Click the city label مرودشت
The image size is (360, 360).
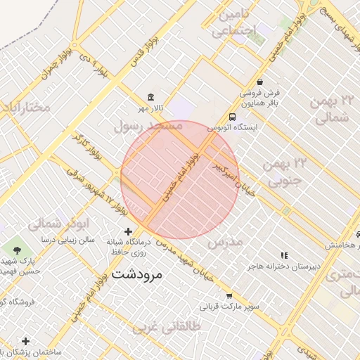coord(136,274)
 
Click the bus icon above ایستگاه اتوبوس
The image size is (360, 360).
coord(232,117)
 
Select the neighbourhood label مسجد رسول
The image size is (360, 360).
coord(148,126)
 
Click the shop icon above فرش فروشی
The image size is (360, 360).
coord(260,82)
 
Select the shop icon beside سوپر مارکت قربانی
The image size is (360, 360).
coord(229,296)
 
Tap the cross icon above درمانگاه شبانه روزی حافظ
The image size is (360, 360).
coord(128,231)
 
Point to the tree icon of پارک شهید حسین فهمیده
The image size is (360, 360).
coord(17,250)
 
